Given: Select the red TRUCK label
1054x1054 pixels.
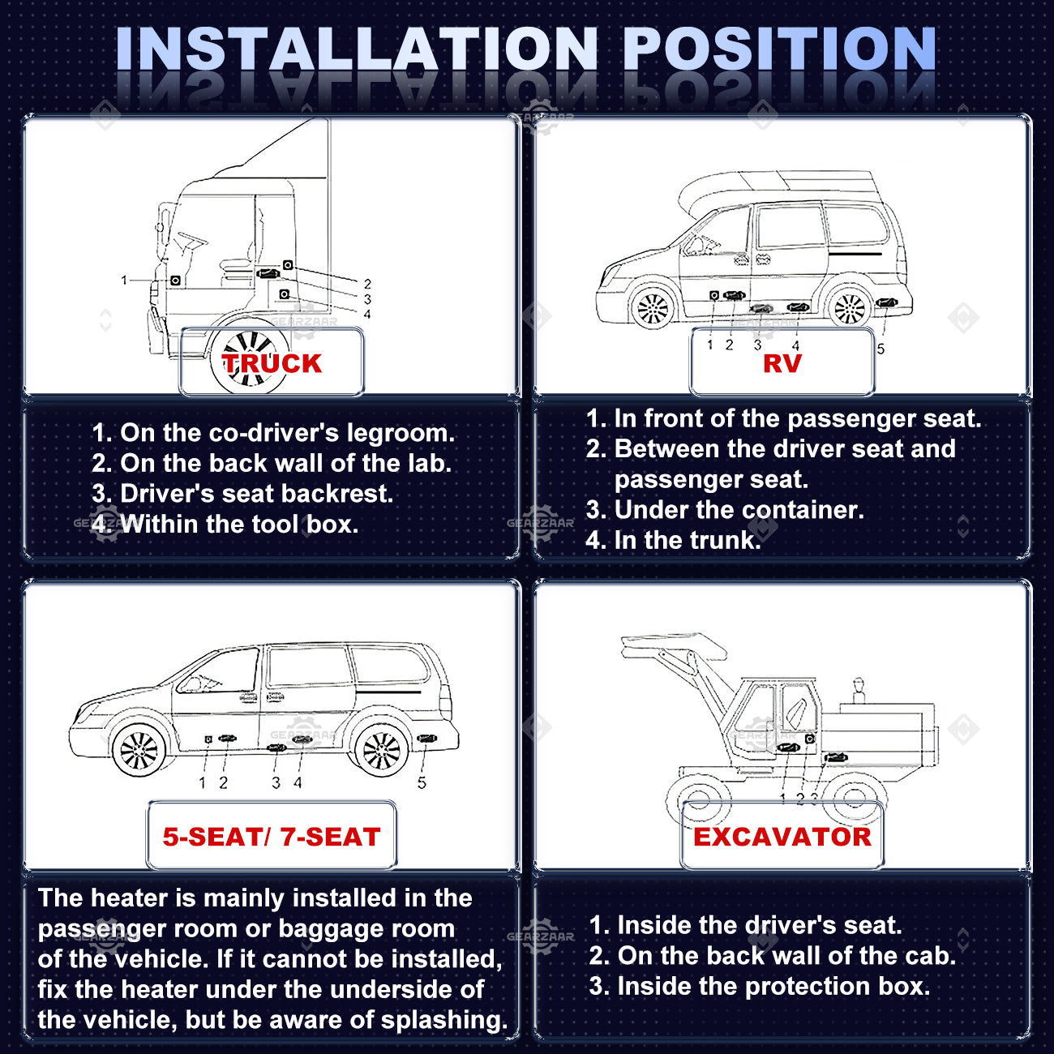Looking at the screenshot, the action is (x=272, y=364).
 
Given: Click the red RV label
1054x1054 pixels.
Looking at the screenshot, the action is (x=782, y=364).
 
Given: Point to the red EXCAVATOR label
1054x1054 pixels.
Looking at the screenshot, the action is (x=782, y=837).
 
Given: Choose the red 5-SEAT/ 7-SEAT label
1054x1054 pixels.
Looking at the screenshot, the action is (x=272, y=837).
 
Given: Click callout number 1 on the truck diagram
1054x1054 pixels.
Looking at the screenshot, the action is (x=124, y=281).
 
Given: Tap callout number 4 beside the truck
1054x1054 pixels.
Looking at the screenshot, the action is (x=367, y=315).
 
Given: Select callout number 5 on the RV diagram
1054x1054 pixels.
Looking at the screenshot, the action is (x=880, y=349).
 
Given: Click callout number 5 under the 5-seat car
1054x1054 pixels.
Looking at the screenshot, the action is (x=422, y=782).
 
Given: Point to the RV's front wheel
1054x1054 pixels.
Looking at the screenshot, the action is (x=653, y=307).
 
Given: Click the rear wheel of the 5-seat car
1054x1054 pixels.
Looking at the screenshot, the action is (x=382, y=751).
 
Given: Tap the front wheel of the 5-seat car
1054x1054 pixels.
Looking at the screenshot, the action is (x=139, y=751).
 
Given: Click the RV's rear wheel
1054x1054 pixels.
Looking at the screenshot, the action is (x=850, y=307).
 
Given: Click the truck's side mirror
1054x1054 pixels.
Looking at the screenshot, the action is (x=162, y=220).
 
